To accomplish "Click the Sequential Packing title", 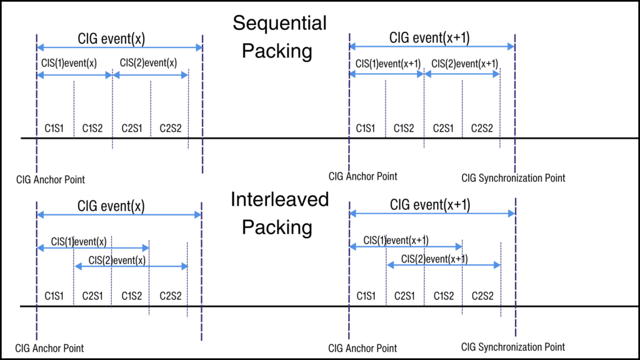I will tap(279, 37).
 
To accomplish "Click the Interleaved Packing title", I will tap(279, 213).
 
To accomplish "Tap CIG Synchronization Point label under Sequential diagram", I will tap(513, 178).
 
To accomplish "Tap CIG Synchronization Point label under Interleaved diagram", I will tap(513, 347).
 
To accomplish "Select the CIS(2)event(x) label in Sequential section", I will tap(148, 62).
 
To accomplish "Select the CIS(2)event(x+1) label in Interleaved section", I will tap(434, 259).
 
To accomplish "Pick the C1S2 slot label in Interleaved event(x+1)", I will tap(444, 296).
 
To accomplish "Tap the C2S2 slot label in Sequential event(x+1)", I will tap(482, 128).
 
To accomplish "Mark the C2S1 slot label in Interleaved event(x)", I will tap(92, 296).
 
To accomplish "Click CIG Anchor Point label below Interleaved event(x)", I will tap(50, 348).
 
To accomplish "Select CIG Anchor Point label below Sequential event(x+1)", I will tap(362, 176).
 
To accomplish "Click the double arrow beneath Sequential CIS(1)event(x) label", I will tap(74, 75).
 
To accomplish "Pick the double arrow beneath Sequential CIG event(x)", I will tap(119, 47).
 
